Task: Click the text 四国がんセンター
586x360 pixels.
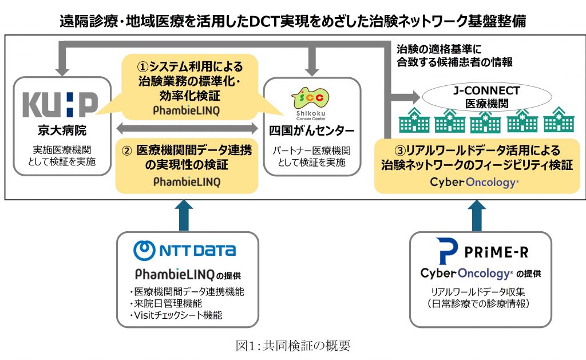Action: click(312, 131)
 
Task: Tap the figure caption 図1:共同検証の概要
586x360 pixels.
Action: click(292, 346)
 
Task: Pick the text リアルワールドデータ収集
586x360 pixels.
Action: click(481, 291)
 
